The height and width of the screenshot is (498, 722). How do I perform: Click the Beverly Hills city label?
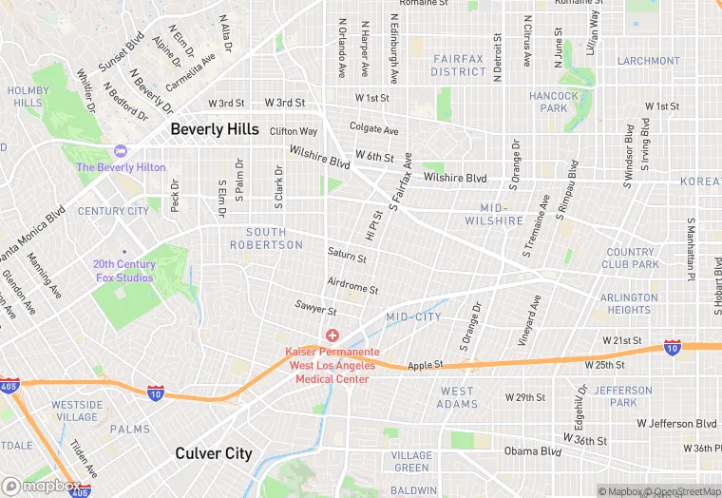[x=214, y=129]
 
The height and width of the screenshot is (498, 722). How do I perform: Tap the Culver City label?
[x=214, y=453]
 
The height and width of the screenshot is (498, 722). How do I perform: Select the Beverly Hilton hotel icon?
[x=120, y=151]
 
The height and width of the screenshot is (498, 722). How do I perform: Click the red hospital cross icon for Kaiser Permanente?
[x=332, y=335]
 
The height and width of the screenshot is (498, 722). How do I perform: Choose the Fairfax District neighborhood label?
[x=458, y=65]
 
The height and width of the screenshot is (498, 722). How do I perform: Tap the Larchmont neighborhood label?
[x=649, y=61]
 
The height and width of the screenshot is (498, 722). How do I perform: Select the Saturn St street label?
[x=347, y=256]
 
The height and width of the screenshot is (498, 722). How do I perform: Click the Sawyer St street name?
[x=315, y=310]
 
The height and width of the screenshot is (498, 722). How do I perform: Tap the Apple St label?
[x=426, y=365]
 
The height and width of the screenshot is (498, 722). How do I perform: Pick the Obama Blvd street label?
[x=532, y=450]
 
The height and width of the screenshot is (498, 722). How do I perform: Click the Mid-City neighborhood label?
[x=413, y=316]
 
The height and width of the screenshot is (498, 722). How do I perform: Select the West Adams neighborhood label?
[x=457, y=397]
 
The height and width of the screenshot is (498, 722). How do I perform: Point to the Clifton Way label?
[x=294, y=131]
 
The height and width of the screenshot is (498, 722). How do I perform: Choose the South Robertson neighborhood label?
[x=266, y=239]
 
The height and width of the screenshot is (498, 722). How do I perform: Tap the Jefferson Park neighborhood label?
[x=623, y=396]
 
